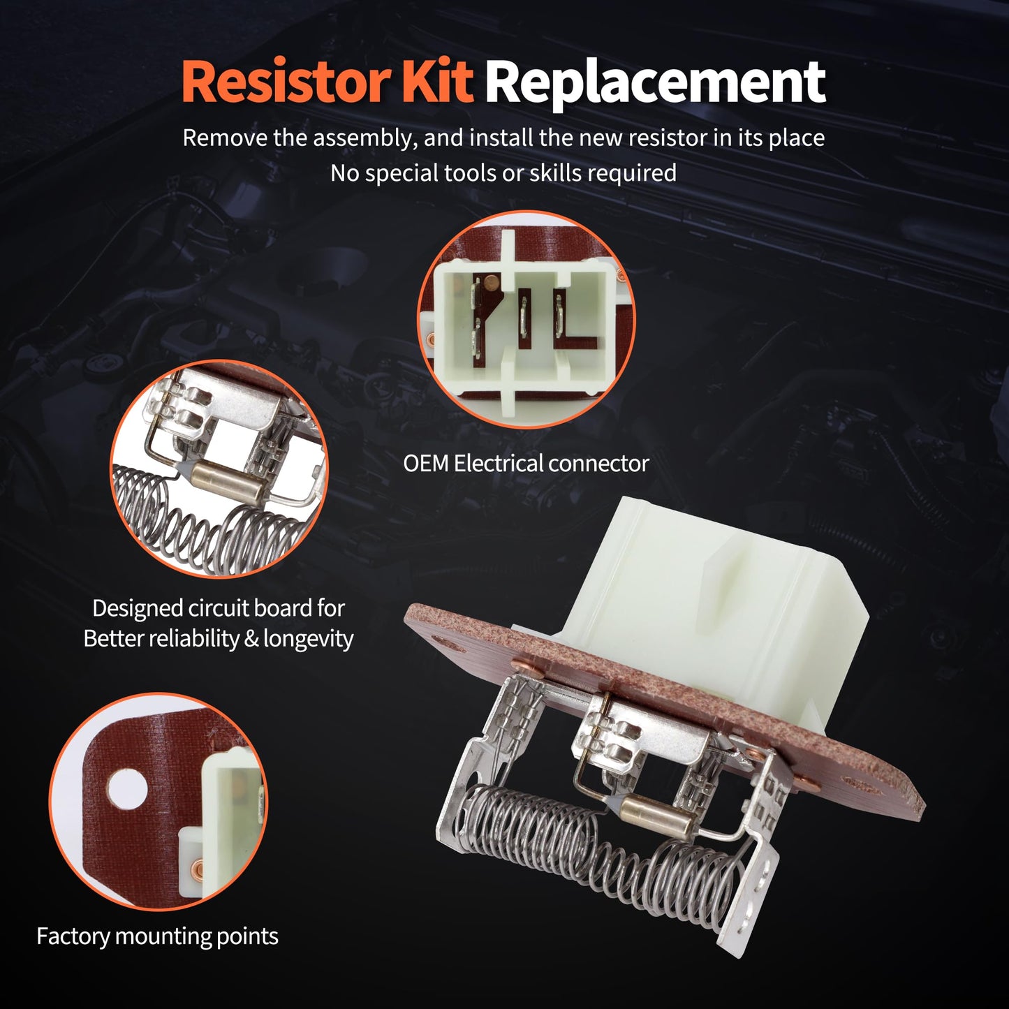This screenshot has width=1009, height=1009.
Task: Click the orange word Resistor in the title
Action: point(286,82)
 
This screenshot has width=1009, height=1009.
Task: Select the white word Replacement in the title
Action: point(655,83)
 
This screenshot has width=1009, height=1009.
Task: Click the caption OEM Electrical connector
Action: point(526,464)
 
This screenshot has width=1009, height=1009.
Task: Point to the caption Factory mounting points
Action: point(157,936)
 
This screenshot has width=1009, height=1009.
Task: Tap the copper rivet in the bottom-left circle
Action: point(198,869)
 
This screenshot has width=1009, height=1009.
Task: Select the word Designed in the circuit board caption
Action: point(137,608)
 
